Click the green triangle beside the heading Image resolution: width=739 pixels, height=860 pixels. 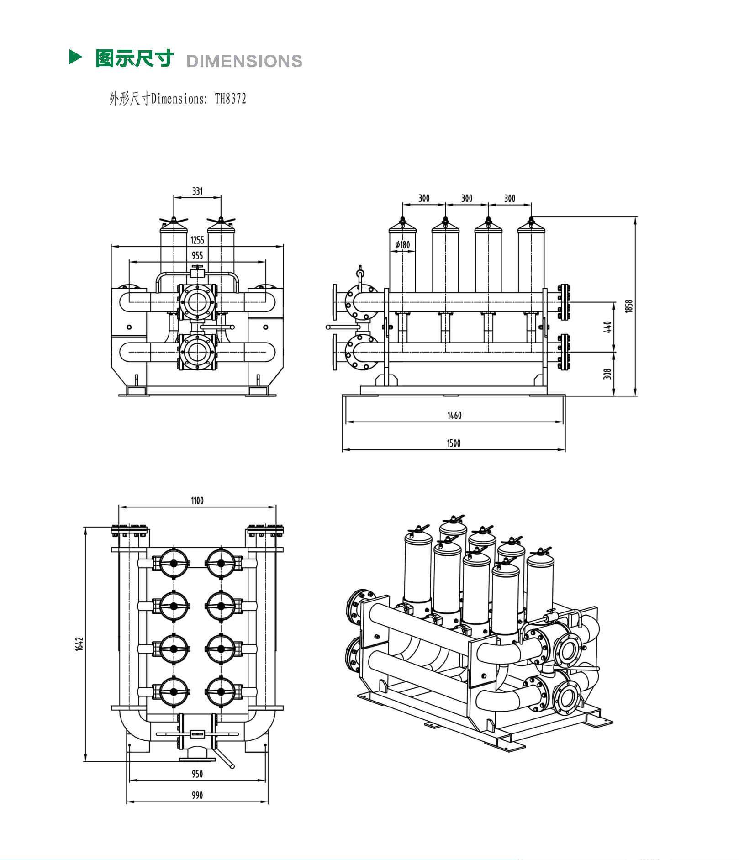(x=75, y=57)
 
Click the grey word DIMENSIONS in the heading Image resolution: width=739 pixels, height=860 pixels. (x=244, y=61)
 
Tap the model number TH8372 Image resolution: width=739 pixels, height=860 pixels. (x=231, y=99)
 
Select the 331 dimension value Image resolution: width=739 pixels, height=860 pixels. (x=197, y=191)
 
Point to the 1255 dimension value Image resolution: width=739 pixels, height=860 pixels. (x=197, y=240)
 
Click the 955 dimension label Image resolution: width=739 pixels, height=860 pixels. (x=197, y=256)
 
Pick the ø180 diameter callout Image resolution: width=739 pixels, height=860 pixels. (x=402, y=245)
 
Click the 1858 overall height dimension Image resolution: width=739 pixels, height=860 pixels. (x=629, y=306)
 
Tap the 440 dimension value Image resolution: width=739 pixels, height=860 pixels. (x=607, y=327)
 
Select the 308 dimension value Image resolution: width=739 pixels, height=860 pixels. (x=607, y=374)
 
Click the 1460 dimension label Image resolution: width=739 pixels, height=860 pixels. (x=454, y=416)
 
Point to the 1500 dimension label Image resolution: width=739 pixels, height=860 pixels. (x=454, y=443)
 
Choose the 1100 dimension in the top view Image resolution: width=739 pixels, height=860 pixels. (x=197, y=501)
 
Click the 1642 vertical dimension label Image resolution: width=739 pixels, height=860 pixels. (x=79, y=644)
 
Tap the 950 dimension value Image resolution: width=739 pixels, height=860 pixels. (x=197, y=774)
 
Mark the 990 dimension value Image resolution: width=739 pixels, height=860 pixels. (x=197, y=796)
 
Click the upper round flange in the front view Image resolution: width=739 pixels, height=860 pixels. (x=197, y=302)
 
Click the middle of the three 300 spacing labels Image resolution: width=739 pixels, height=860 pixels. (x=467, y=198)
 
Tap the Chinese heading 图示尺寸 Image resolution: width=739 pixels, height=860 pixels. (x=134, y=58)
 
